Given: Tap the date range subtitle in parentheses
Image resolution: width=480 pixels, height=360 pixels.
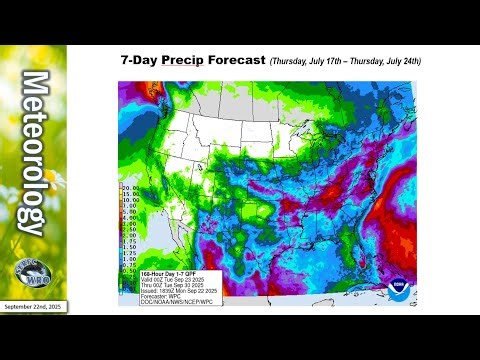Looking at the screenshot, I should click(x=345, y=61).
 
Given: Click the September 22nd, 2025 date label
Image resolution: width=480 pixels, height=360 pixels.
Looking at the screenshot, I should click(x=33, y=307).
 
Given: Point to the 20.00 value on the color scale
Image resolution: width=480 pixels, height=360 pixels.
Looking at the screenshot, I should click(x=129, y=186).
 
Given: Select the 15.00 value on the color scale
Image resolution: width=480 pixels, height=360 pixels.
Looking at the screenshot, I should click(x=129, y=193).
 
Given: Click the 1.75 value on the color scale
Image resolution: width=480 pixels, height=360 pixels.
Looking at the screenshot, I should click(x=130, y=241).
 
